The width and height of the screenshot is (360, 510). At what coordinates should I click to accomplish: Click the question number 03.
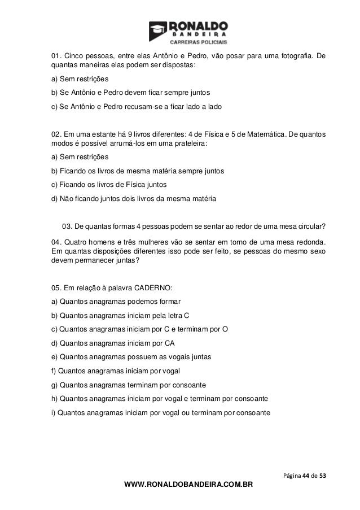tap(66, 227)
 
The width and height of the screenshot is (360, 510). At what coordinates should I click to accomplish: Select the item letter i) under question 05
tap(54, 412)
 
